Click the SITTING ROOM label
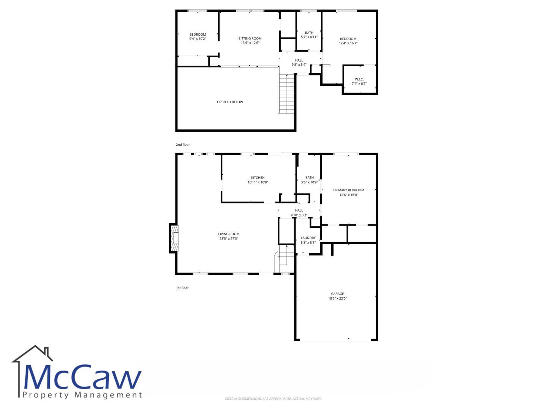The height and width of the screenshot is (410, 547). click(x=250, y=38)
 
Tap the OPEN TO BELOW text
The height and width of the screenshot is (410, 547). click(x=230, y=102)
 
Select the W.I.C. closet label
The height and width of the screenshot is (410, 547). click(x=359, y=79)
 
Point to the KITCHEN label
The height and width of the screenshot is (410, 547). click(x=258, y=178)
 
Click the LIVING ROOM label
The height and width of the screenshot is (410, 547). click(x=229, y=234)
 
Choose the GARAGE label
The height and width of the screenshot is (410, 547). click(x=337, y=294)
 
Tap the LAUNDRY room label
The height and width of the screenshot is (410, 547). click(x=308, y=238)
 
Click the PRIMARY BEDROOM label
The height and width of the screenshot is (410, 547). click(x=349, y=190)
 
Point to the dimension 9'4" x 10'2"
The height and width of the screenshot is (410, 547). click(x=198, y=39)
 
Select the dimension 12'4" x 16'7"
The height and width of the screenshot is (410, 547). click(x=348, y=43)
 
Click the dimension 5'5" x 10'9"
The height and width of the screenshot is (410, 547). click(x=310, y=182)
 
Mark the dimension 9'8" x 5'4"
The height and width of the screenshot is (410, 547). click(x=299, y=65)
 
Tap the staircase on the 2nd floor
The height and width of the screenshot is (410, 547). click(x=286, y=94)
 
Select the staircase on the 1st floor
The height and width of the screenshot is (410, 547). click(x=285, y=259)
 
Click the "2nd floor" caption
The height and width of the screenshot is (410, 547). click(x=183, y=145)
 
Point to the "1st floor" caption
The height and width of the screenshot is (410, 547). click(x=182, y=288)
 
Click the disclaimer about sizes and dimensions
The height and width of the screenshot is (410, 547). click(x=273, y=399)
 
